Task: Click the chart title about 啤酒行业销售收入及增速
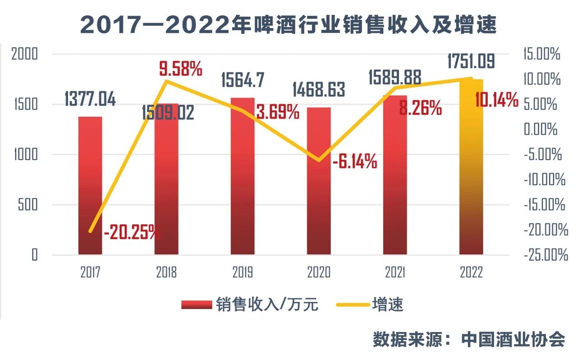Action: pos(288,25)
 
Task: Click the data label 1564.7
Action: pos(243,80)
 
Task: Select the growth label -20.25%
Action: pos(132,233)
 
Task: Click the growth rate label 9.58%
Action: pos(180,69)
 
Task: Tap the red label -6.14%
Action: pos(354,161)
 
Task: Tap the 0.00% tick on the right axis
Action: pos(540,130)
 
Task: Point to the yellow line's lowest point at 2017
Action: pos(91,231)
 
